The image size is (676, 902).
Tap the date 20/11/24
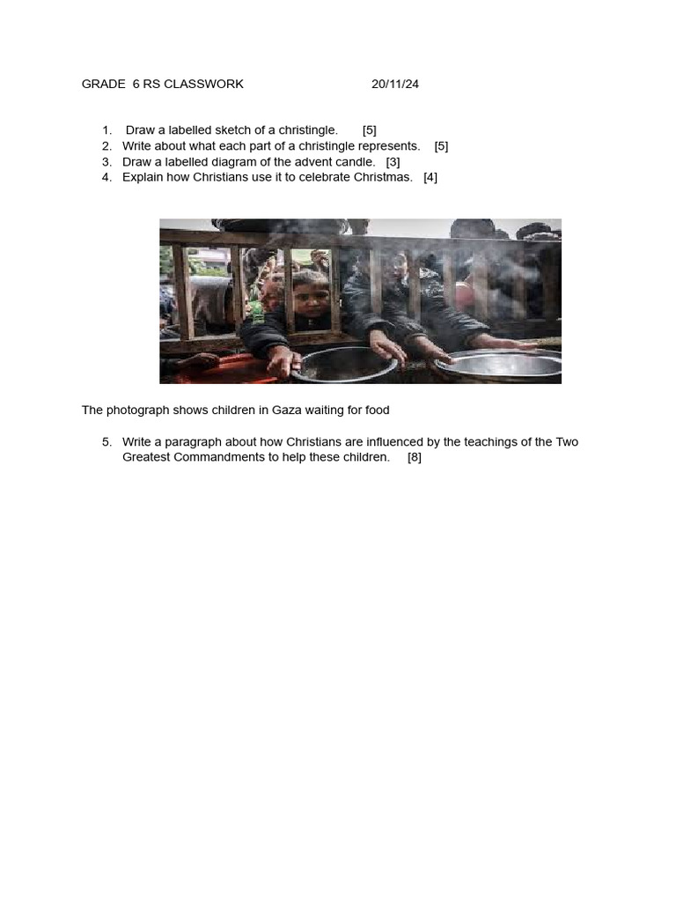tap(395, 85)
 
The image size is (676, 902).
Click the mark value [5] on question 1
tap(369, 130)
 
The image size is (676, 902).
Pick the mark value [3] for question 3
tap(393, 162)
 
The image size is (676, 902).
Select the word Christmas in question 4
tap(384, 177)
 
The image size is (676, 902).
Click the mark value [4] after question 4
tap(430, 177)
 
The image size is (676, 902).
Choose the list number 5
tap(107, 442)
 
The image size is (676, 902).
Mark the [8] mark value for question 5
tap(415, 457)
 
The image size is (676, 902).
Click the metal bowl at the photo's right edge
tap(502, 364)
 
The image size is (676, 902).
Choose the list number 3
tap(107, 162)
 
